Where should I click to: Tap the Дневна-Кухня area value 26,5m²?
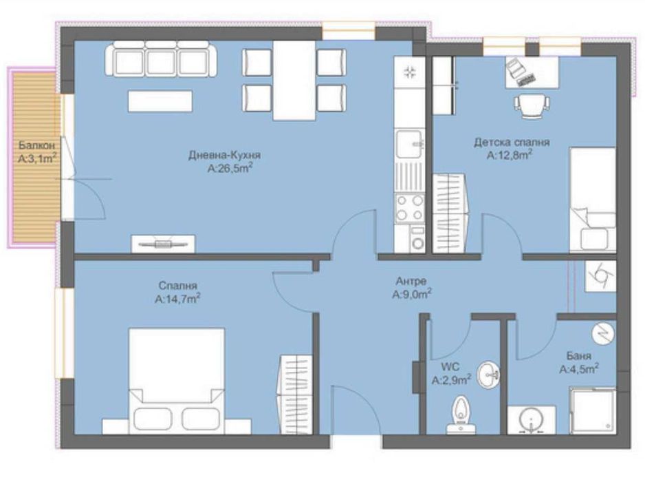coord(228,167)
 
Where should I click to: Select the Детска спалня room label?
coord(511,143)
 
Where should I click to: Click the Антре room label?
coord(411,281)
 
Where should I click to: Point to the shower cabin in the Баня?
coord(593,410)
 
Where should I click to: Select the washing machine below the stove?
coord(417,242)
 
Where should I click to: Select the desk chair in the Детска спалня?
coord(532,105)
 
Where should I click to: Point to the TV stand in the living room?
coord(163,242)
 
